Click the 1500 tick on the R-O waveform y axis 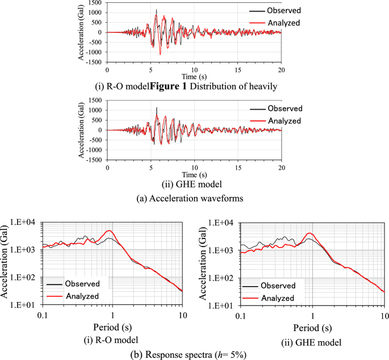(x=94, y=3)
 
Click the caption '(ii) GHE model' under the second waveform (x=195, y=185)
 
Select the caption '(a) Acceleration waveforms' (x=194, y=198)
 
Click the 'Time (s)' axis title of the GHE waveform (x=194, y=174)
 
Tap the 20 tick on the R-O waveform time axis (x=282, y=69)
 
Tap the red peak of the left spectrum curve (x=109, y=231)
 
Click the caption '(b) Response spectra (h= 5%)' (x=194, y=354)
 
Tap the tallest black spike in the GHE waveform (x=157, y=107)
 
